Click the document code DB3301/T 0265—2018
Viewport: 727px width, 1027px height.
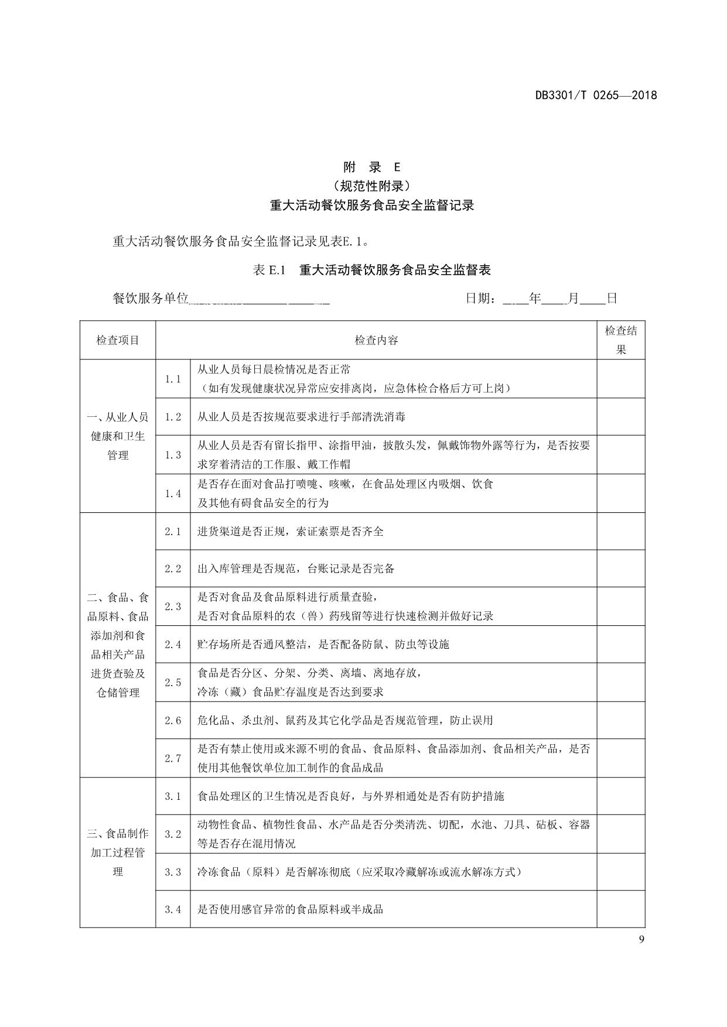[596, 95]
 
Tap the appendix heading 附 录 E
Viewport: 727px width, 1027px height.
[371, 167]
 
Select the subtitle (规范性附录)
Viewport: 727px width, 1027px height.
[371, 186]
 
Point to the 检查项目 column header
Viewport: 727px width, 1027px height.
[118, 340]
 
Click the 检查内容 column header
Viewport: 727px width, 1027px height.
[376, 340]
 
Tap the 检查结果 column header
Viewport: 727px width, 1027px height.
[620, 340]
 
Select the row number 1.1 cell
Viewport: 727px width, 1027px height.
[173, 379]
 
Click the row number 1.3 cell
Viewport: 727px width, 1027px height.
[173, 455]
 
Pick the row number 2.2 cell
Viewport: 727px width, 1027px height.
[173, 569]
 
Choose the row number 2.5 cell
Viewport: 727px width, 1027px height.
[173, 682]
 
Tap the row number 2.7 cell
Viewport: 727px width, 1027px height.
[173, 758]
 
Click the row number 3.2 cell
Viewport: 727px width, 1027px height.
[173, 834]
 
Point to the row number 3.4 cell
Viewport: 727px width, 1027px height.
[173, 909]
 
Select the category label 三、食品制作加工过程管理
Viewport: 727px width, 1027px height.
[118, 853]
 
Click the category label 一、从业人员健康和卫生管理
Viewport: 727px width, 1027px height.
[118, 436]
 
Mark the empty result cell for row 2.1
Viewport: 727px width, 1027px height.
[620, 532]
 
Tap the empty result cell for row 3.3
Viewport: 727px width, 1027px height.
[620, 872]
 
